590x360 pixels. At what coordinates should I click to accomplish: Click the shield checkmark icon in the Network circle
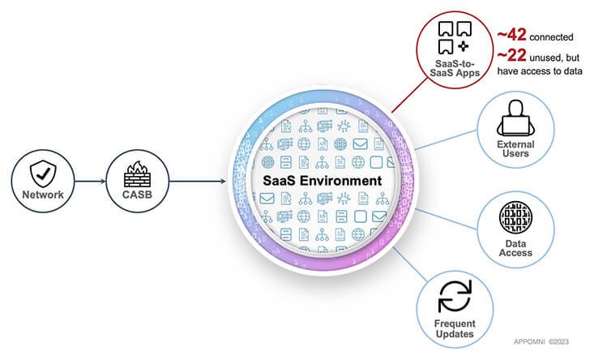coord(41,172)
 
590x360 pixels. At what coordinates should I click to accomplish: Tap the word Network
coord(41,195)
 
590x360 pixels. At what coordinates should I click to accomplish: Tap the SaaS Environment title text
coord(319,180)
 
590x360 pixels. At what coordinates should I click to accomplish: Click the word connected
coord(554,36)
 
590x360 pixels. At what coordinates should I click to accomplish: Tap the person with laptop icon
coord(515,123)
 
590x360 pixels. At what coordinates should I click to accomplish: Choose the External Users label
coord(515,148)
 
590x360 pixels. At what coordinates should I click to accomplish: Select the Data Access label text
coord(515,246)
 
